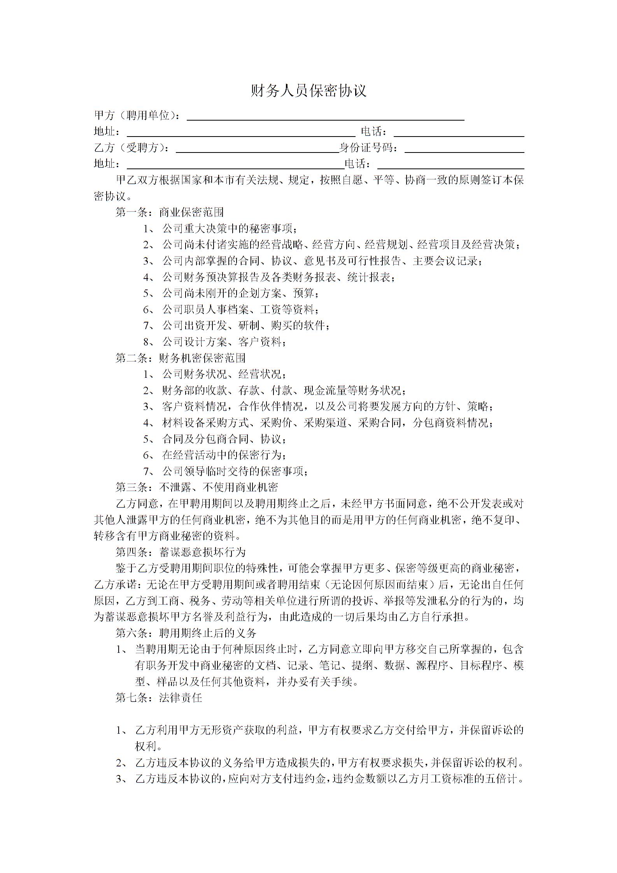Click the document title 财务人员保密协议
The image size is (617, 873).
coord(308,91)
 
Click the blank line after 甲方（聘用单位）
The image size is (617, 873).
coord(326,116)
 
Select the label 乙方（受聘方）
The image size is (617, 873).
coord(132,148)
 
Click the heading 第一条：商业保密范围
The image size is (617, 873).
coord(170,212)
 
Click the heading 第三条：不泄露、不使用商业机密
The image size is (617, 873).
coord(196,487)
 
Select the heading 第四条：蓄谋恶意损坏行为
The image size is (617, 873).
coord(181,552)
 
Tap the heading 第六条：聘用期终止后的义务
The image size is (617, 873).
coord(186,633)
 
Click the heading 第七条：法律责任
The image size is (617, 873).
coord(159,698)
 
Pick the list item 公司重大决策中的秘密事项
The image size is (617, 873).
coord(230,229)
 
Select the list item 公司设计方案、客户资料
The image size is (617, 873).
coord(224,342)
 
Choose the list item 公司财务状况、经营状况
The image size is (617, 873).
coord(224,374)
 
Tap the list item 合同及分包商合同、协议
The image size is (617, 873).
coord(224,439)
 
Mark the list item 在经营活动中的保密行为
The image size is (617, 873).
coord(224,455)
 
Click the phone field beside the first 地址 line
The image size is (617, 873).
coord(459,132)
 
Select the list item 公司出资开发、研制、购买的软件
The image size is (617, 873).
coord(245,326)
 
